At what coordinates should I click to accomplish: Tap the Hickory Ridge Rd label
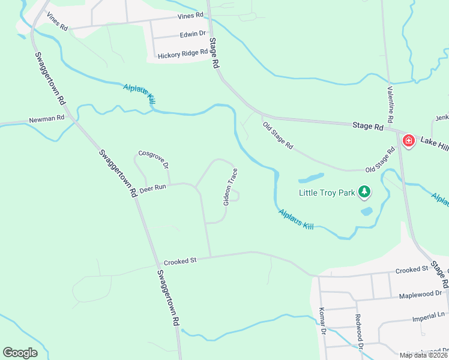[x=182, y=55]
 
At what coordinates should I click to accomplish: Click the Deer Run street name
[x=152, y=189]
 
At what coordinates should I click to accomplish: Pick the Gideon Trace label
[x=231, y=187]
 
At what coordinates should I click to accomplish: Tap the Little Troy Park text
[x=327, y=193]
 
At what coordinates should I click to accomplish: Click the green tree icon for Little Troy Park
[x=364, y=192]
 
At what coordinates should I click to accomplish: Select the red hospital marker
[x=409, y=141]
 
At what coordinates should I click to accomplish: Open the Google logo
[x=20, y=353]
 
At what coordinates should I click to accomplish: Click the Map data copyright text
[x=423, y=355]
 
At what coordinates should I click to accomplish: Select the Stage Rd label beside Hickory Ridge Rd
[x=213, y=52]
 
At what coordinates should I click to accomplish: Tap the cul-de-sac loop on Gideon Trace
[x=236, y=196]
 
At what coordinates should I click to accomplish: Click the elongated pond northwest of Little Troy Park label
[x=311, y=178]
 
